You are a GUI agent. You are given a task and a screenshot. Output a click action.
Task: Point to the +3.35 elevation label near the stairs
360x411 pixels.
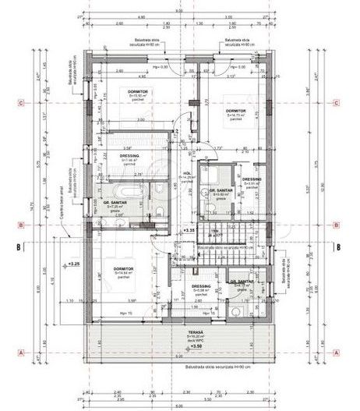click(x=188, y=231)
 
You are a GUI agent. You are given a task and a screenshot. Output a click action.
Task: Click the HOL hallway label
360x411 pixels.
click(x=187, y=174)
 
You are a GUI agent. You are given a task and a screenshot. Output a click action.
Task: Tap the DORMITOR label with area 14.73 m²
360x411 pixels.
click(x=236, y=111)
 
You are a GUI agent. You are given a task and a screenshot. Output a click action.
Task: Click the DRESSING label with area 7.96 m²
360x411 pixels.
click(x=129, y=156)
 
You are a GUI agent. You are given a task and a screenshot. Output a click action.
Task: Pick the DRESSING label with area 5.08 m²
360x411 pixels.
click(x=202, y=286)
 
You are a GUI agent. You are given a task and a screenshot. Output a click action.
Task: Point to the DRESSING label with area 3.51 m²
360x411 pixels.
click(x=252, y=180)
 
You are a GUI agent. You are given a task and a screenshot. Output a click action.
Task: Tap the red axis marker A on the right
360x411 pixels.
click(x=336, y=352)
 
